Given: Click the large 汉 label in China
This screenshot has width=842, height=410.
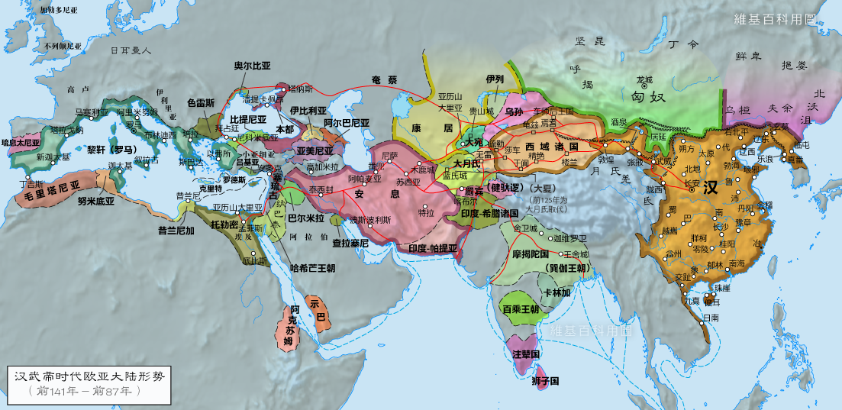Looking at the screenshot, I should [711, 188].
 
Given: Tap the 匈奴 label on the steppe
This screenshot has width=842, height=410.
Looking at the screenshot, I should [648, 96].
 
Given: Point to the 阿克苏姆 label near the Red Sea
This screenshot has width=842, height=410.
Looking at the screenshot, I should [289, 326].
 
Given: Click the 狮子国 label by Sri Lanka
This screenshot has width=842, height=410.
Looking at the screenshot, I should [546, 380].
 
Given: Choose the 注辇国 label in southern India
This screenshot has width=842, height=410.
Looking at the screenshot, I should [526, 355].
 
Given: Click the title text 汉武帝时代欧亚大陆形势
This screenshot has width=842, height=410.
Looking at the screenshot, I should [89, 376].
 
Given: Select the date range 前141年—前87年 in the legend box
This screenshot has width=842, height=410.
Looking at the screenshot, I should [85, 391].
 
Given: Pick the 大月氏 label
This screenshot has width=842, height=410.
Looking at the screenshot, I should [466, 163].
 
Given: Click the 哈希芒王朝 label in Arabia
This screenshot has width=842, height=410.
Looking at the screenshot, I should [313, 269].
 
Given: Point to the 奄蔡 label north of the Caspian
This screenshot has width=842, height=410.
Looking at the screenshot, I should [384, 79].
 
